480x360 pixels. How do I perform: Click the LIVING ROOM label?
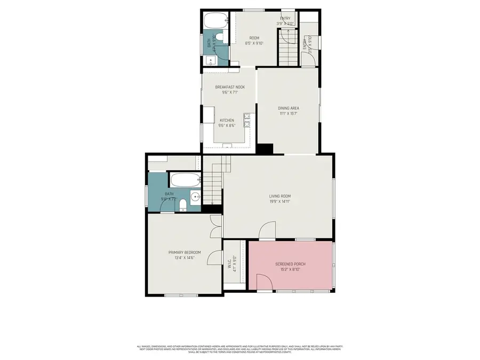click(x=279, y=196)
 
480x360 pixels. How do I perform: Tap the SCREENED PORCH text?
click(x=290, y=264)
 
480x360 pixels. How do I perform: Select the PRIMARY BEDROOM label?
click(x=185, y=252)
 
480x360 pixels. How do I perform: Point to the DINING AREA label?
click(x=288, y=108)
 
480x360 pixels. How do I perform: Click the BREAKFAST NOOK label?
click(x=230, y=87)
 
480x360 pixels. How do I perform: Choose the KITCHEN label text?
click(x=227, y=121)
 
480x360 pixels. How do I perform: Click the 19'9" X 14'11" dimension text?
click(x=279, y=202)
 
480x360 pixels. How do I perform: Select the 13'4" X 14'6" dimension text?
click(x=185, y=258)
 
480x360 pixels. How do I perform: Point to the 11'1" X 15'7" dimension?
click(x=288, y=114)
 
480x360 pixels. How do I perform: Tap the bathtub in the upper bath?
click(x=215, y=21)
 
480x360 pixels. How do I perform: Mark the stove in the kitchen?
click(x=247, y=121)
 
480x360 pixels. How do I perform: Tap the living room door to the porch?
click(x=267, y=230)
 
